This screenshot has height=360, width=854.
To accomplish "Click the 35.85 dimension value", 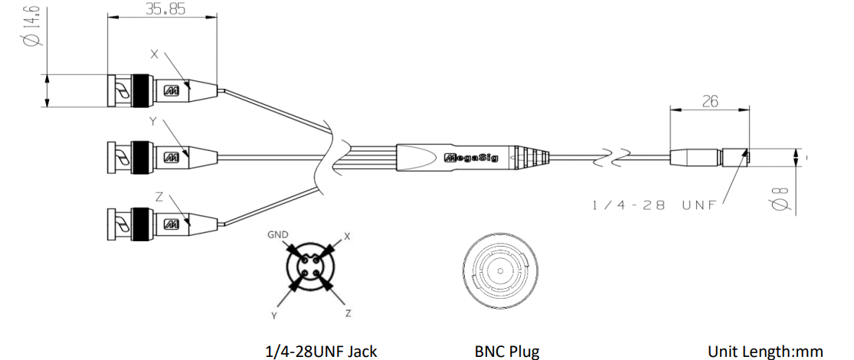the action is coord(165,9).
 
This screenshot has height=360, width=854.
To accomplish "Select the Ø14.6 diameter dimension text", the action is coord(32,25).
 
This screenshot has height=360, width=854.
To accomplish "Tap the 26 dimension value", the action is coord(710,101).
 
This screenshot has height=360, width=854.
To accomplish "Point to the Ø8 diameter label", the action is coord(780,198).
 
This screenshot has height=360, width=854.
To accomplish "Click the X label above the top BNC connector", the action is coord(154,54).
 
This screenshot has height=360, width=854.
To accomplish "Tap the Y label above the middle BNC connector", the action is coord(153,122).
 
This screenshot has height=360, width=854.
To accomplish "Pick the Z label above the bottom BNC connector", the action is coord(159,197).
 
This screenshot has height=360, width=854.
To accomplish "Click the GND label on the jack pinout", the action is coord(278,234).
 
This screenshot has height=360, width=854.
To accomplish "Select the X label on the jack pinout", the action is coord(346,237).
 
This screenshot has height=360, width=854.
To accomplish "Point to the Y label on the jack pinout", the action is coord(274,316).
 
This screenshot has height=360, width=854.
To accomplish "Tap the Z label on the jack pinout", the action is coord(348,313).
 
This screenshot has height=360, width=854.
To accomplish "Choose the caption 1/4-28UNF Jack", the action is coord(321,352).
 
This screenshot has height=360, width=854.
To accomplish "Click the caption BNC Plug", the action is coord(507,352).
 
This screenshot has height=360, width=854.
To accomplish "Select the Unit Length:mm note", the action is coord(765,352).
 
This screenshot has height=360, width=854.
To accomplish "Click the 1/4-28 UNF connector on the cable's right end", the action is coord(710,157).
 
